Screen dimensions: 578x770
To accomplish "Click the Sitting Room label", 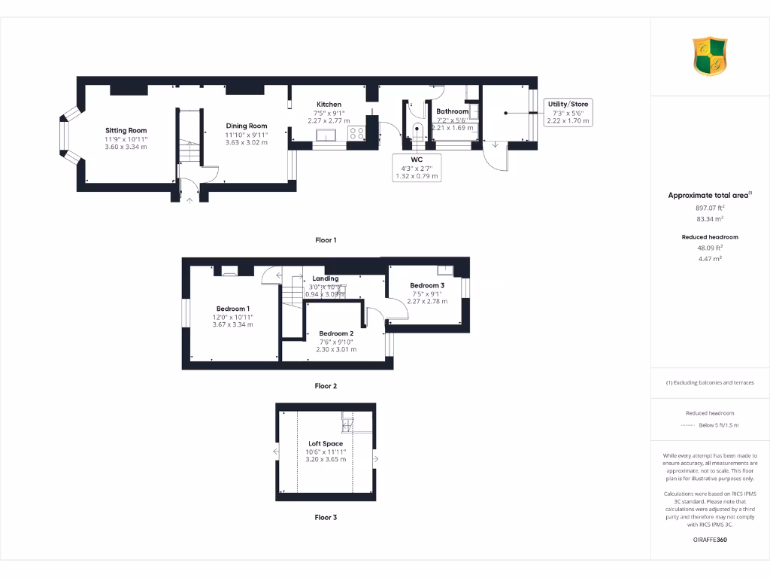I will (x=126, y=130).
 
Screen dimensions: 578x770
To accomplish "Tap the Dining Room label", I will (x=247, y=126).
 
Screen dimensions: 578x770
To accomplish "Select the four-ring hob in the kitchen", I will (x=356, y=133).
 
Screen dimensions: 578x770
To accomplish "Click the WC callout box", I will (x=416, y=168).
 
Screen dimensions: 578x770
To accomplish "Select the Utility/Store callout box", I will (x=568, y=112).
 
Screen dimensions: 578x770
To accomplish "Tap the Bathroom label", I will (x=453, y=111).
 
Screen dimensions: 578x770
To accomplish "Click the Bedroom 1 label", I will (x=232, y=309).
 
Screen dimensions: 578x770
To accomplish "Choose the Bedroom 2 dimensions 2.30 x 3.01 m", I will (x=336, y=349).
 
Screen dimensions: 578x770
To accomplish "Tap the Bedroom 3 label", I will (x=427, y=285).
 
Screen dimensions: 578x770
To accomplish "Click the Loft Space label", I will (x=326, y=443).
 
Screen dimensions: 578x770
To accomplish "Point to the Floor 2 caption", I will (x=326, y=386).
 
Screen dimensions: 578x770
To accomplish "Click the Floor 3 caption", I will (x=326, y=518).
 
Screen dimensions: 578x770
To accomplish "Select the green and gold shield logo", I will (x=710, y=57).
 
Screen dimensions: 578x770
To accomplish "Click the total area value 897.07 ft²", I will (x=709, y=208).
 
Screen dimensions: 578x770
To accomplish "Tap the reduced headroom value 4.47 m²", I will (x=709, y=258).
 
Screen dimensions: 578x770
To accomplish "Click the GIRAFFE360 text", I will (x=709, y=540).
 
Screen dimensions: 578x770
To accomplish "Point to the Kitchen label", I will (x=329, y=104).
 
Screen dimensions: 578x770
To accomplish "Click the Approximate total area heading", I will (x=708, y=196).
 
